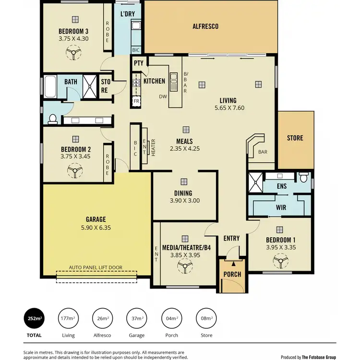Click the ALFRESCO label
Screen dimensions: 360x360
(205, 26)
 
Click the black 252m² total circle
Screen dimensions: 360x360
(34, 318)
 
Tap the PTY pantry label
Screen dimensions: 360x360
(139, 63)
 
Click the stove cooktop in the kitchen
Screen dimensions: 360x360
(136, 82)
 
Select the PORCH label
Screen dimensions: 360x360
(232, 275)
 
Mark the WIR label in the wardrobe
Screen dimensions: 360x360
(281, 208)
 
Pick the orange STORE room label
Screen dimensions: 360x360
(295, 138)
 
